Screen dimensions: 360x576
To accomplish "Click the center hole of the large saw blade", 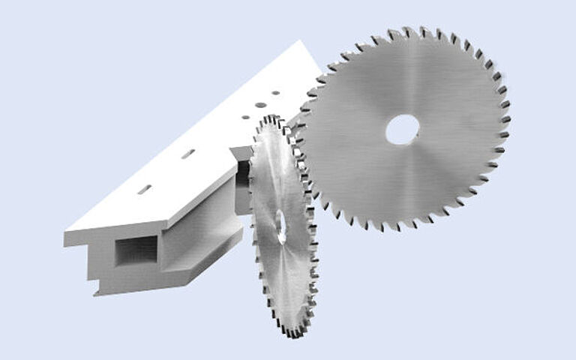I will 403,129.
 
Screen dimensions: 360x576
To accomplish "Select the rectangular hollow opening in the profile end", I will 136,250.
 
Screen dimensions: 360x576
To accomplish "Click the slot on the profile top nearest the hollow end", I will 144,189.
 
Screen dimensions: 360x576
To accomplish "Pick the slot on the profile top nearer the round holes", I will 188,154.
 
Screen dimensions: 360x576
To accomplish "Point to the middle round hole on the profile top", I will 259,105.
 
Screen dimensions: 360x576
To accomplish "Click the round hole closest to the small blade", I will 244,117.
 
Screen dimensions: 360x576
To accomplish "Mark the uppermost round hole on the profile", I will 276,94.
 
